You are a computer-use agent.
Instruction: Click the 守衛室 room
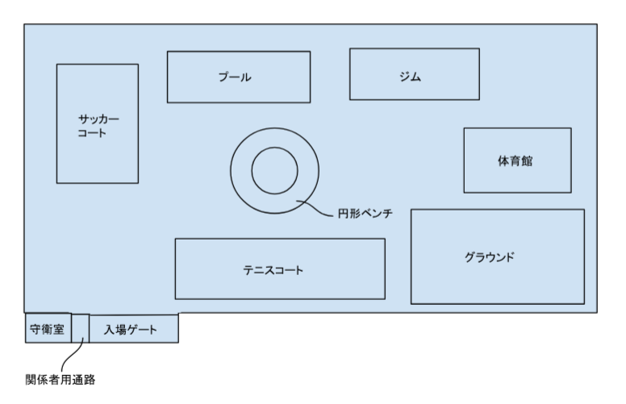click(x=47, y=329)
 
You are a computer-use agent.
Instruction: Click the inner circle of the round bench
click(x=275, y=171)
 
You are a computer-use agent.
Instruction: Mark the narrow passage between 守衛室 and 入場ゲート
click(x=80, y=328)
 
